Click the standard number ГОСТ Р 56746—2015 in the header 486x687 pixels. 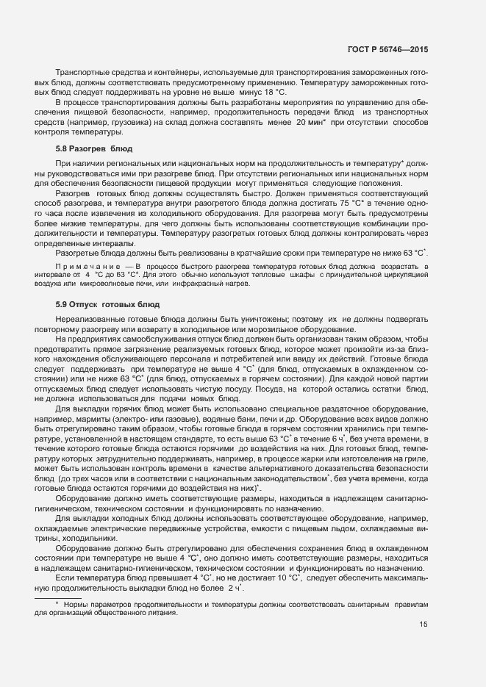[x=387, y=50]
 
